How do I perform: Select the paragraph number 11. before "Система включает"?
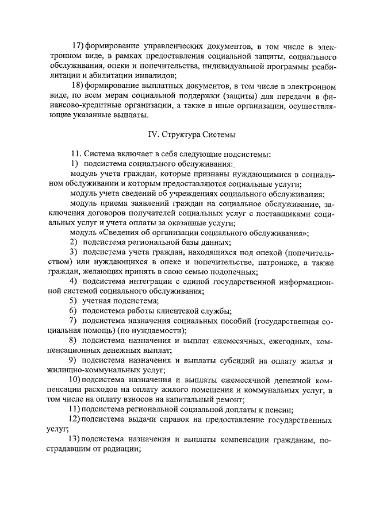pyautogui.click(x=76, y=155)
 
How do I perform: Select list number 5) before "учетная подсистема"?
pyautogui.click(x=73, y=301)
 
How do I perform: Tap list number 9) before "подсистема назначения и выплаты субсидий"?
pyautogui.click(x=73, y=360)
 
